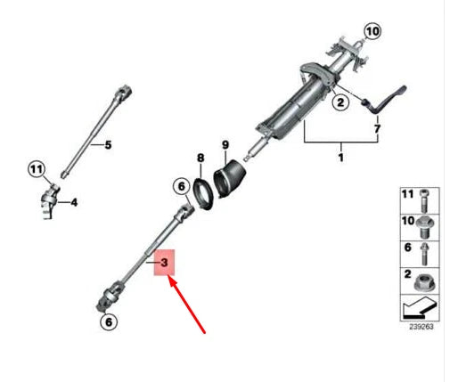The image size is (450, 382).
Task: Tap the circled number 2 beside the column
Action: (x=314, y=103)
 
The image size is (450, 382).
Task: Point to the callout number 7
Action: (x=376, y=130)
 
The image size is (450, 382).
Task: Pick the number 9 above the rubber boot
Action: (x=225, y=144)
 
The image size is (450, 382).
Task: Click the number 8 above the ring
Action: (x=200, y=158)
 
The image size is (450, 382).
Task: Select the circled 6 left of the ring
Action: (x=179, y=186)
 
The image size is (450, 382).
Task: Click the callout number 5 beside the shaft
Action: (x=108, y=144)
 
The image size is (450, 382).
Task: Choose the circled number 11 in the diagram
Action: (x=36, y=167)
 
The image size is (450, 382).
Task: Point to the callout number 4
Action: (x=75, y=202)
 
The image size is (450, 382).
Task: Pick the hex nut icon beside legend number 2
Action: (x=422, y=283)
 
